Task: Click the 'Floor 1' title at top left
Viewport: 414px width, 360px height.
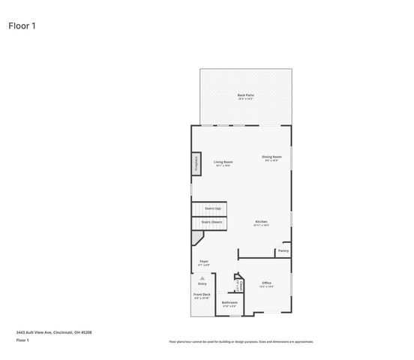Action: pyautogui.click(x=22, y=25)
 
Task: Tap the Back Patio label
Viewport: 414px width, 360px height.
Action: pyautogui.click(x=245, y=95)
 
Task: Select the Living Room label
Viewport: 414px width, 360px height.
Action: pyautogui.click(x=223, y=162)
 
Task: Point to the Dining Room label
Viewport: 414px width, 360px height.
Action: pyautogui.click(x=271, y=157)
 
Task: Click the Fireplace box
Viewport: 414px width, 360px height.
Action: pyautogui.click(x=196, y=164)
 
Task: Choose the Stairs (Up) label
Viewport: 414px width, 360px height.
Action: pyautogui.click(x=212, y=208)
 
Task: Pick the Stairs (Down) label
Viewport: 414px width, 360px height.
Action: pyautogui.click(x=211, y=222)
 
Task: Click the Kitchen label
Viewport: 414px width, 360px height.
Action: pyautogui.click(x=261, y=222)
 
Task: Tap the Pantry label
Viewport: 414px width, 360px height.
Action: pyautogui.click(x=283, y=250)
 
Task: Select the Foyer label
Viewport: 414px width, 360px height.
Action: pyautogui.click(x=203, y=261)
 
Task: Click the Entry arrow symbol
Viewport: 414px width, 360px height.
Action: pyautogui.click(x=202, y=277)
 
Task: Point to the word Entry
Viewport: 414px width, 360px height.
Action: pyautogui.click(x=202, y=283)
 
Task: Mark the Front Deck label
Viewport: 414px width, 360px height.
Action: pyautogui.click(x=202, y=295)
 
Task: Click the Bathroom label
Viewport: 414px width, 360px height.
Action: pyautogui.click(x=229, y=303)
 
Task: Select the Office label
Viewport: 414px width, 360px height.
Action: pyautogui.click(x=266, y=283)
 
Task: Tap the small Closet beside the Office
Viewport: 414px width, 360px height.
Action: pyautogui.click(x=238, y=284)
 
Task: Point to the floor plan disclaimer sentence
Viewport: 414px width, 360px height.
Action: pyautogui.click(x=241, y=341)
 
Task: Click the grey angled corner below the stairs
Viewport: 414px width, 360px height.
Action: pyautogui.click(x=197, y=238)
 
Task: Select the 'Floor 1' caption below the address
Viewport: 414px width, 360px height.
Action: pyautogui.click(x=22, y=340)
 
